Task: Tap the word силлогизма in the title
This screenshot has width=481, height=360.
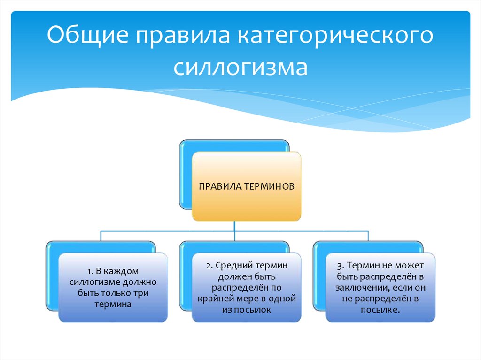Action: [240, 67]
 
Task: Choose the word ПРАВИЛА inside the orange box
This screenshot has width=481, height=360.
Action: [220, 186]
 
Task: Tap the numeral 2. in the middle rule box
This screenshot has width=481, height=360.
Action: [209, 266]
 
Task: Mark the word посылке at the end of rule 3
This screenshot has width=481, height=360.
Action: [380, 310]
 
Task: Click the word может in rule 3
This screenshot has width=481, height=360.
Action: [410, 266]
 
